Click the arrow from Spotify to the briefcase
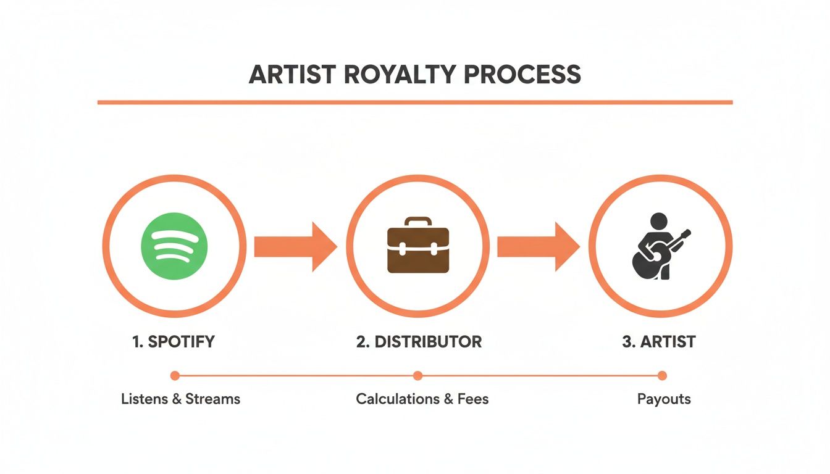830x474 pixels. (x=295, y=247)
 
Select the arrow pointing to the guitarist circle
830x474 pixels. (x=538, y=247)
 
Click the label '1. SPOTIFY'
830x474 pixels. (x=174, y=342)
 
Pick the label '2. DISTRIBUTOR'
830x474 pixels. (x=419, y=342)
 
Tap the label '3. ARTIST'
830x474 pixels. (x=658, y=342)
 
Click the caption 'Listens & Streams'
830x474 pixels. (x=180, y=399)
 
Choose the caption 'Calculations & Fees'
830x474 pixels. (x=422, y=399)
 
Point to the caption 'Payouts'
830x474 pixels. (x=664, y=399)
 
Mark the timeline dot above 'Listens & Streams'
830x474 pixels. (x=175, y=375)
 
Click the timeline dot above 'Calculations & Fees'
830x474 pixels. (x=417, y=375)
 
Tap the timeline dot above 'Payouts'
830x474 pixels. (x=662, y=375)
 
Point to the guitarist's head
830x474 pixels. (x=659, y=221)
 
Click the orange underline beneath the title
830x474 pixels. (x=415, y=102)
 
